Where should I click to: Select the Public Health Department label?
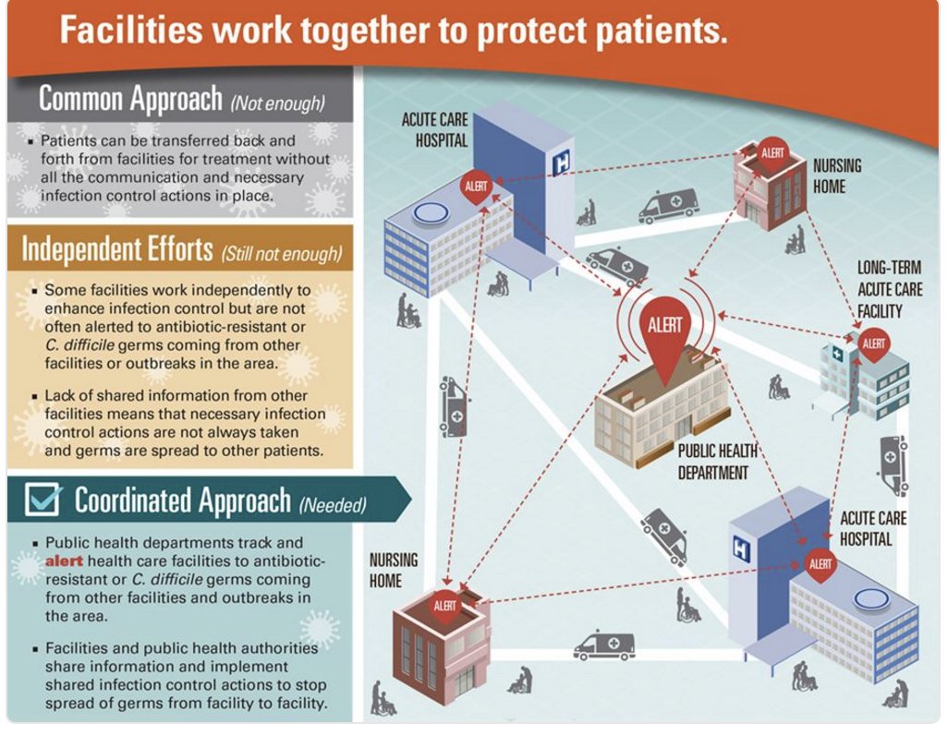click(717, 462)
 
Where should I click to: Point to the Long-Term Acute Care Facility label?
click(889, 289)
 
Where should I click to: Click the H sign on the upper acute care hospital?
click(559, 165)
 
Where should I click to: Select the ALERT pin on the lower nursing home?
click(445, 607)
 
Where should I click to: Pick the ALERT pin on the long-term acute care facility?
click(873, 345)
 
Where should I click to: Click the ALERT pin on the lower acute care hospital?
click(820, 564)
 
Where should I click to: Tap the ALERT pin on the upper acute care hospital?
click(476, 187)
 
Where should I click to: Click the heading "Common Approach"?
click(130, 98)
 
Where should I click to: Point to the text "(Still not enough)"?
click(281, 252)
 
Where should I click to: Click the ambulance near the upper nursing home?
click(668, 205)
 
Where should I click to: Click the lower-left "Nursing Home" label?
click(393, 570)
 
